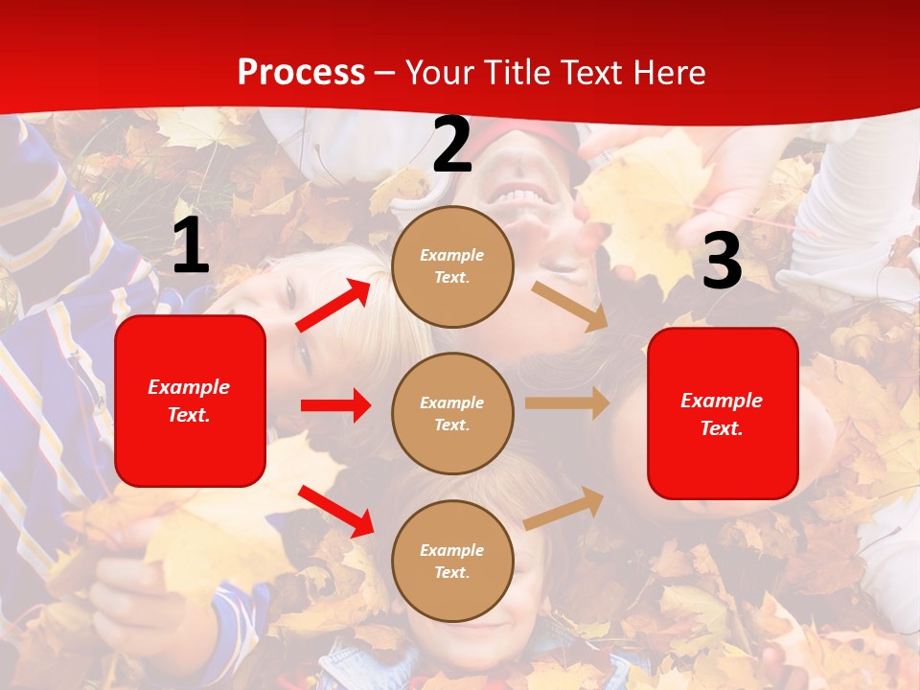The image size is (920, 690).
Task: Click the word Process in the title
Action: pos(301,72)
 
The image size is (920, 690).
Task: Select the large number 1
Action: pos(191,246)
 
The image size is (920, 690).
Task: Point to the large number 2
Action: pos(452,146)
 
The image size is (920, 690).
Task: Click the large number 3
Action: pos(722,262)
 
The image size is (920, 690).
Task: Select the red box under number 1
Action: pos(190,401)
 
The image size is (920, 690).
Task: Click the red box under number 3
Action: pos(723,413)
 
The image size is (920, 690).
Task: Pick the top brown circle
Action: pos(452,266)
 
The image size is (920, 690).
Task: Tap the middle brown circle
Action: pos(452,413)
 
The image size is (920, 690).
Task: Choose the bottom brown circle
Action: pos(452,561)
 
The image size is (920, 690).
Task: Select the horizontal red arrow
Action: pos(335,405)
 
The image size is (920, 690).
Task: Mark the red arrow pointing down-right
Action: pos(335,511)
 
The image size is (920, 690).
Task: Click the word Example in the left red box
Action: pos(189,387)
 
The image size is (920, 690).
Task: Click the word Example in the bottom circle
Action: pos(451,550)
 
